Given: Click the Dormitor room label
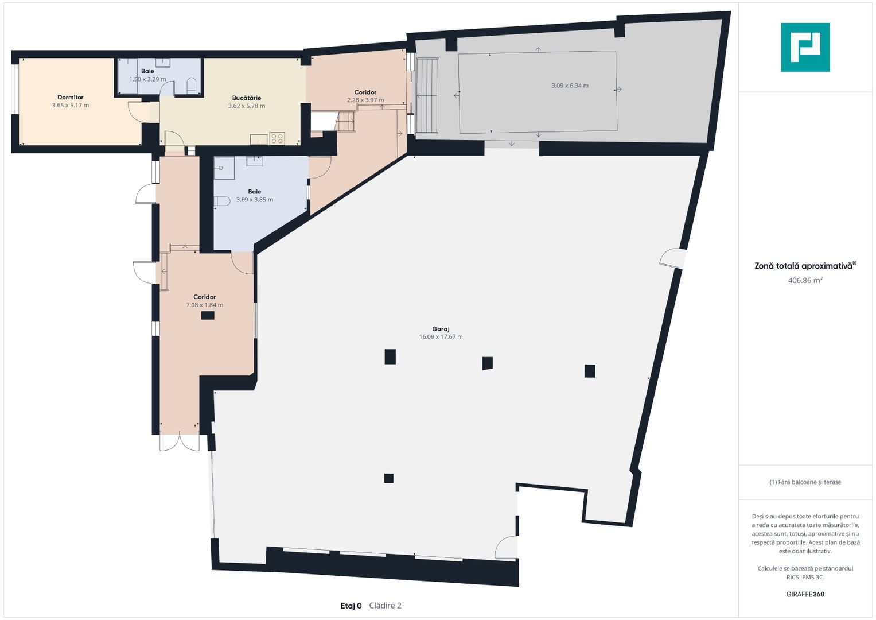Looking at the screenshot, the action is [71, 97].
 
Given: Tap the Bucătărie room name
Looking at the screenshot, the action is [246, 98].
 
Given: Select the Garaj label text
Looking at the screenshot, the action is [441, 329].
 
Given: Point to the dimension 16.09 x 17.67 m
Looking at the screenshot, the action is [441, 336].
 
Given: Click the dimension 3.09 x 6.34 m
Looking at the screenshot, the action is [570, 86].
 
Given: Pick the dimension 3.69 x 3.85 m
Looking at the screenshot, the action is [255, 200].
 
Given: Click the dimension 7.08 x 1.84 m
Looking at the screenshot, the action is [205, 305].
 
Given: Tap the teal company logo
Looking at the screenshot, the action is [805, 47].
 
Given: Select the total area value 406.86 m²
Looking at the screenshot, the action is [805, 280].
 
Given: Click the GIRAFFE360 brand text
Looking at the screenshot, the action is [805, 594].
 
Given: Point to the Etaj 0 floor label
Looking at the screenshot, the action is [351, 606].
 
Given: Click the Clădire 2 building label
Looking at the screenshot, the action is [385, 606].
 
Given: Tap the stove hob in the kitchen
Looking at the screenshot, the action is [277, 138].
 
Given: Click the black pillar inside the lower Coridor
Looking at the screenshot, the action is [208, 316].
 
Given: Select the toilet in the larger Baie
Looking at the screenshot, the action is [222, 201].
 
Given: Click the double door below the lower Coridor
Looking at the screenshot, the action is [180, 443].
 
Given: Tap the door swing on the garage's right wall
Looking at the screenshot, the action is [672, 259].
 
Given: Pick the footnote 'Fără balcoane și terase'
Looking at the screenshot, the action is [805, 482].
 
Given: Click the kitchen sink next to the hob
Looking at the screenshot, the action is [259, 139].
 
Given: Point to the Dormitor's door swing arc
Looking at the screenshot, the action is [136, 111].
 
